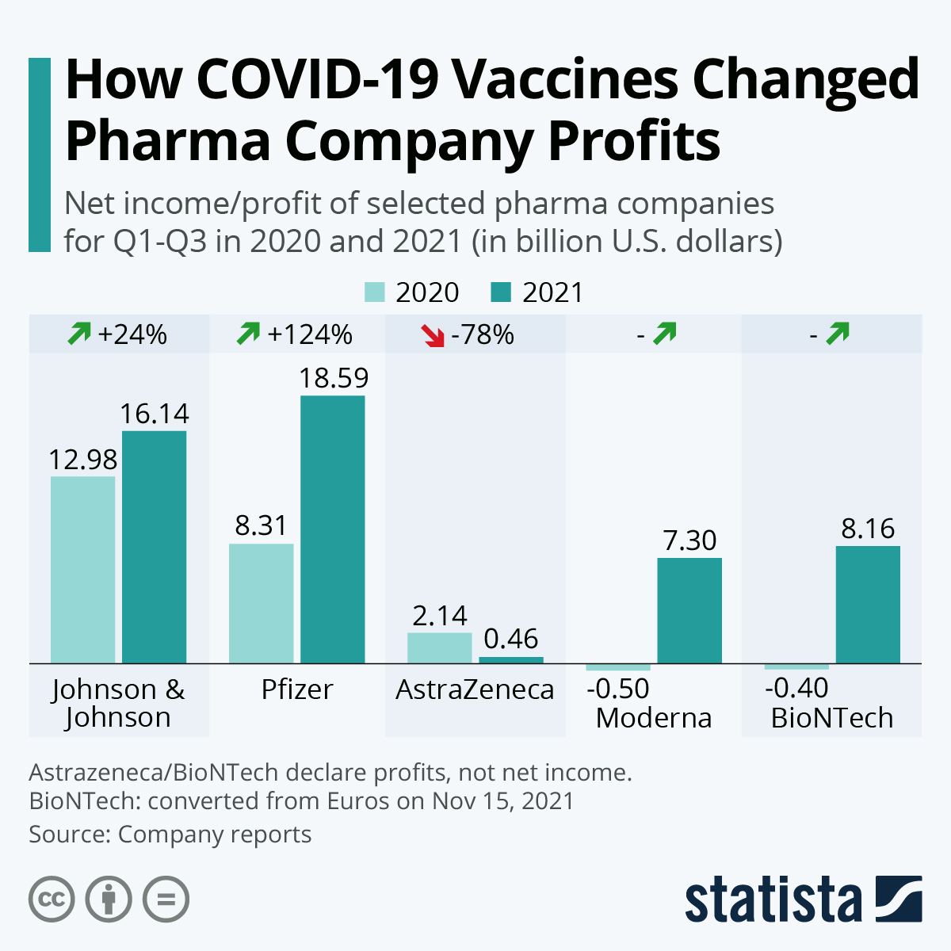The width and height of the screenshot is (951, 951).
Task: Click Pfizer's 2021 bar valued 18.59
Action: (332, 529)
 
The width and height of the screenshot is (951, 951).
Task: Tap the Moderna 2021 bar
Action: (689, 610)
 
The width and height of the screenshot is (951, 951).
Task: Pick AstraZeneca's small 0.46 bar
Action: (511, 659)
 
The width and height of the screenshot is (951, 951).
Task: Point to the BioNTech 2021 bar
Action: (868, 604)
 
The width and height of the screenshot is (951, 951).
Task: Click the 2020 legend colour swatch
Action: (375, 292)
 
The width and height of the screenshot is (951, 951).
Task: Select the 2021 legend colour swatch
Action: (502, 292)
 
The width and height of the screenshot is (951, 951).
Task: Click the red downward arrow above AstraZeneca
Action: (433, 335)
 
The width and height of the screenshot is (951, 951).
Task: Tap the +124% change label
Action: (310, 334)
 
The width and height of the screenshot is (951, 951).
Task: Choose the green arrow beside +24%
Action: (79, 334)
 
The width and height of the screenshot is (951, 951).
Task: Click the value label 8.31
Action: (261, 525)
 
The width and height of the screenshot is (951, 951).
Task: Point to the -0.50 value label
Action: (618, 688)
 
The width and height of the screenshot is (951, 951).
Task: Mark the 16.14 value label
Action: (155, 413)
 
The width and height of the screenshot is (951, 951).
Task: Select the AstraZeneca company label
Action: (475, 689)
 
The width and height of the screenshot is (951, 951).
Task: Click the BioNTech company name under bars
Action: (832, 717)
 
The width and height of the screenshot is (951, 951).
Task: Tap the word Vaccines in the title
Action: (565, 79)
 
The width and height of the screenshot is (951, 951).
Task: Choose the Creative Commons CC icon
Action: (52, 899)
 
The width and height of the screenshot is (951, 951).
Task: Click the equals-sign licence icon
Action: (166, 899)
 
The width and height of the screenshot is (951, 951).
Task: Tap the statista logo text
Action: (773, 899)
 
